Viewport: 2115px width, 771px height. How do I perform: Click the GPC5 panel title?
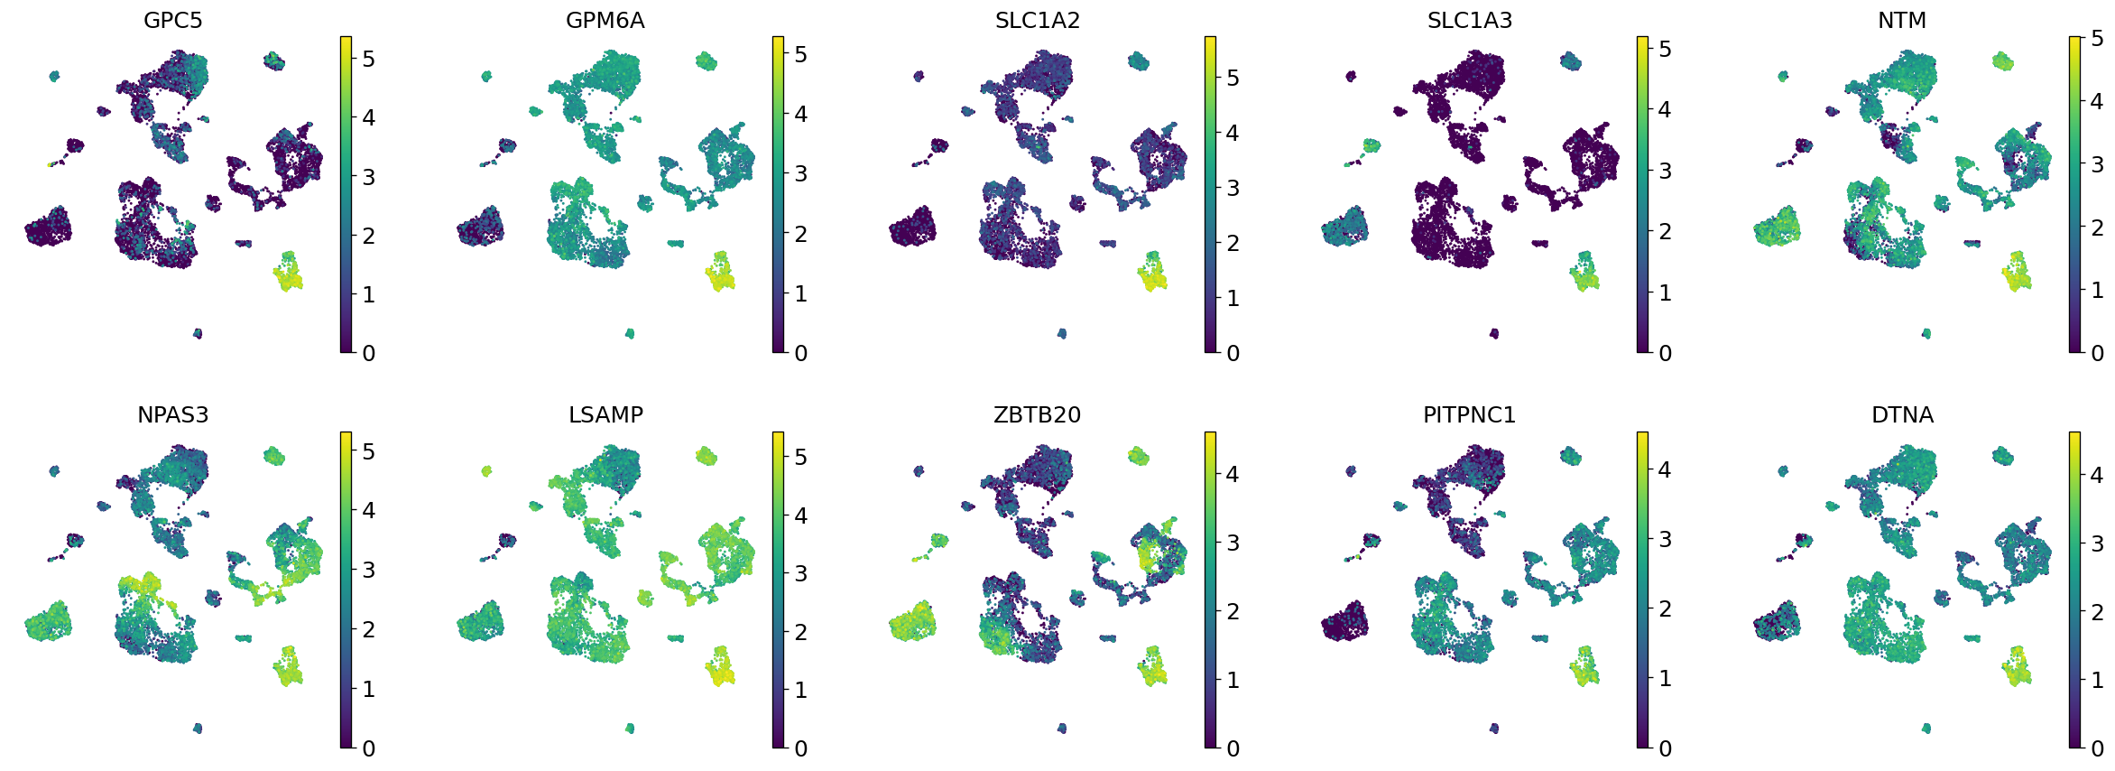coord(172,20)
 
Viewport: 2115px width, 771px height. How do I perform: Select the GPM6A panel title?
coord(605,20)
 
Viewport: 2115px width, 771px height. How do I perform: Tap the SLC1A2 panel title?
coord(1037,20)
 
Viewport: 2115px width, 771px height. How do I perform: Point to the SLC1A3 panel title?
coord(1469,20)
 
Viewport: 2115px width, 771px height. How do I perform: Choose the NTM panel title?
coord(1901,20)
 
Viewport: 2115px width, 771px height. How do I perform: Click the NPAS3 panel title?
coord(172,414)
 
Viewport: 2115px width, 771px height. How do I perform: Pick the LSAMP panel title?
coord(605,414)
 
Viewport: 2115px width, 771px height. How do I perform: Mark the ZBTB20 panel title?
coord(1037,414)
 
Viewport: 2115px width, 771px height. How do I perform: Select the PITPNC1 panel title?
coord(1469,414)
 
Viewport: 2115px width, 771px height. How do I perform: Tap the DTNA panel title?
coord(1901,414)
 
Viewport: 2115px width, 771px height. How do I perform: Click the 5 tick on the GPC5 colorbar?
coord(368,59)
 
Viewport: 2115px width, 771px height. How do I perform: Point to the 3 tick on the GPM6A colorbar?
coord(800,173)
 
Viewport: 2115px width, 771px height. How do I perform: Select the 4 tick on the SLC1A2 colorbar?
coord(1233,133)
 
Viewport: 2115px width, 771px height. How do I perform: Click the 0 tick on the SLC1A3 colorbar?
coord(1665,353)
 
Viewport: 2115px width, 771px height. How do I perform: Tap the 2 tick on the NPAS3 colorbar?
coord(368,629)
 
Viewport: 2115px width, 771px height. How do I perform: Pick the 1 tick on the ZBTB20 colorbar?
coord(1233,680)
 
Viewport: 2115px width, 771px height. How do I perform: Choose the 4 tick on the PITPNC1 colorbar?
coord(1665,469)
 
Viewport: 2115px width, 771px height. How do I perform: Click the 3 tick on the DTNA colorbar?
coord(2097,543)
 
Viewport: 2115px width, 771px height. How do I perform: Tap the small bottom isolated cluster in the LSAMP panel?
coord(630,728)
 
